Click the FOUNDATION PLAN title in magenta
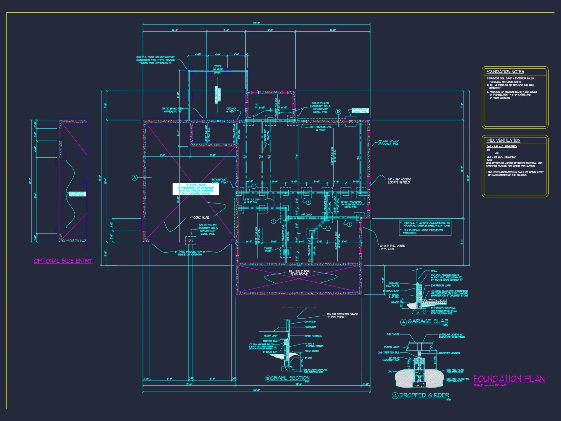click(509, 379)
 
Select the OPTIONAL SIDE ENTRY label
click(63, 261)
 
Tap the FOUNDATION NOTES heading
click(505, 72)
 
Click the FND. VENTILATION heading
click(503, 140)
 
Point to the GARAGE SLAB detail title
click(428, 321)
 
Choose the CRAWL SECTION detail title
click(290, 378)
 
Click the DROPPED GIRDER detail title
click(424, 395)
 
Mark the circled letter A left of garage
click(135, 178)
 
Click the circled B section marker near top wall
click(338, 112)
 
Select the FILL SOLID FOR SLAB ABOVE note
click(299, 273)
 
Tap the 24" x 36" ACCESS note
click(399, 181)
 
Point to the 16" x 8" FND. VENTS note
click(392, 247)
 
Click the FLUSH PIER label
click(268, 249)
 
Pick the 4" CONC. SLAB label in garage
click(199, 218)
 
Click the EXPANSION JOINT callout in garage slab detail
click(441, 285)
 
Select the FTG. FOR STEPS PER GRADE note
click(342, 315)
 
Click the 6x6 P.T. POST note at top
click(155, 60)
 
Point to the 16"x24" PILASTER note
click(351, 204)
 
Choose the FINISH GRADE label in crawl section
click(312, 351)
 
